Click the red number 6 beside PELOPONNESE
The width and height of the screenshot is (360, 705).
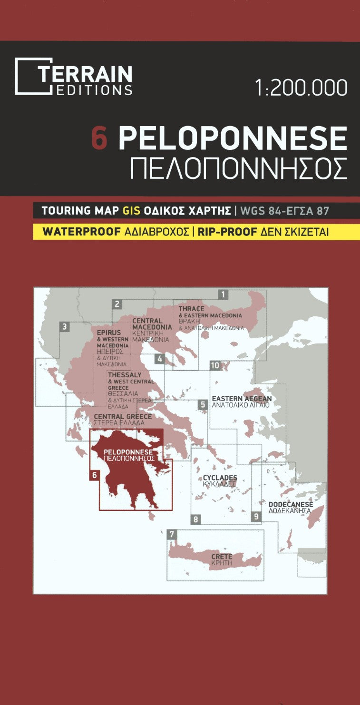pos(99,139)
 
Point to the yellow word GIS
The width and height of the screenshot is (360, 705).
pos(131,211)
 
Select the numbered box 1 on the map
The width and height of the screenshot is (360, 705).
pos(223,294)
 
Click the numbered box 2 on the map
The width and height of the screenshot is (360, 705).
pos(117,304)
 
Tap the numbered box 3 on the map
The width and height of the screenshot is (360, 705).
pos(65,327)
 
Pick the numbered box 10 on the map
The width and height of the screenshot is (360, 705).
pos(215,366)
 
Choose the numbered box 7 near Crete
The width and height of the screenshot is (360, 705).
pos(172,534)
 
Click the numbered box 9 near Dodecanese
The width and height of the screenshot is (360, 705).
pos(256,516)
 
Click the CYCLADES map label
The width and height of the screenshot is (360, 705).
pos(220,478)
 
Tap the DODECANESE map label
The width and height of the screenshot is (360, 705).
pos(290,504)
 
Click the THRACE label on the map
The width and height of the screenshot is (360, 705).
pos(191,309)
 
